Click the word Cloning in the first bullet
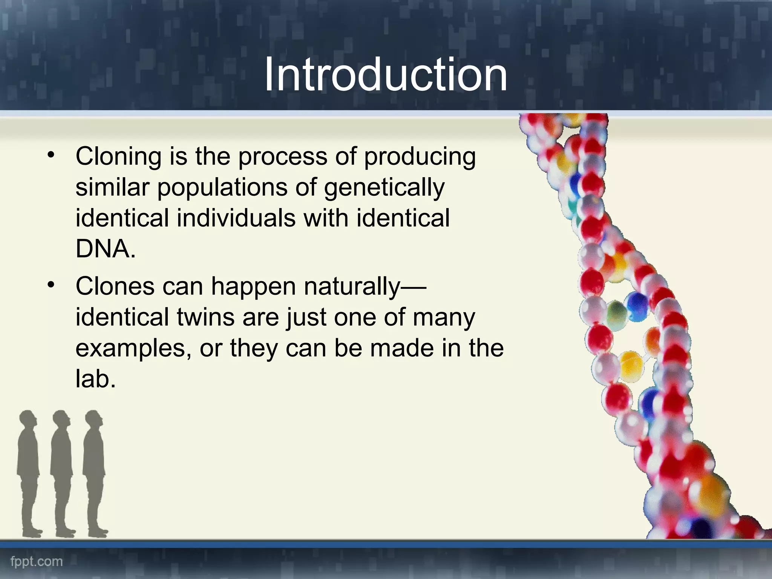pyautogui.click(x=118, y=156)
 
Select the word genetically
pyautogui.click(x=384, y=188)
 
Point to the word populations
pyautogui.click(x=222, y=188)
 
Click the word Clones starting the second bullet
pyautogui.click(x=115, y=286)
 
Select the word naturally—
pyautogui.click(x=365, y=287)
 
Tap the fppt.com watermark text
pyautogui.click(x=37, y=562)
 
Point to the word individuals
pyautogui.click(x=236, y=218)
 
